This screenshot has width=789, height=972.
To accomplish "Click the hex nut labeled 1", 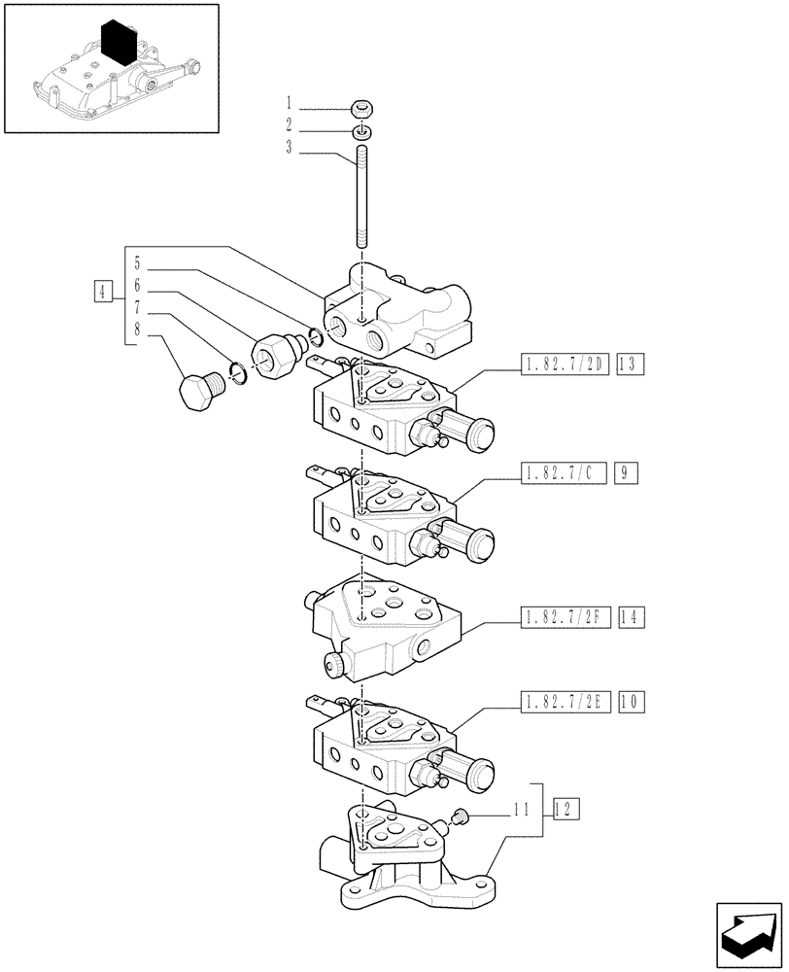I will click(361, 108).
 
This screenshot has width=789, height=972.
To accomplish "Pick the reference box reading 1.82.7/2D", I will click(561, 364).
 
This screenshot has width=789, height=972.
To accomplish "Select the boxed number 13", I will click(627, 364).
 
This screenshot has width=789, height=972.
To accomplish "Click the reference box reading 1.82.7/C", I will click(561, 473).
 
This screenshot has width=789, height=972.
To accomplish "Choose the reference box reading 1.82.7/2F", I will click(561, 616).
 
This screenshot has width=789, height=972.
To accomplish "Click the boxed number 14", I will click(627, 616).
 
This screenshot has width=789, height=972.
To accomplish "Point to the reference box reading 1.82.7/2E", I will click(561, 701).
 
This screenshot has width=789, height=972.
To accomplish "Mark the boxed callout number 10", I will click(627, 701).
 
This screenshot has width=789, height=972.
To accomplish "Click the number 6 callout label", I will click(137, 286).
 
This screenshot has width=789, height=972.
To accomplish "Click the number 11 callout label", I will click(521, 809).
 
